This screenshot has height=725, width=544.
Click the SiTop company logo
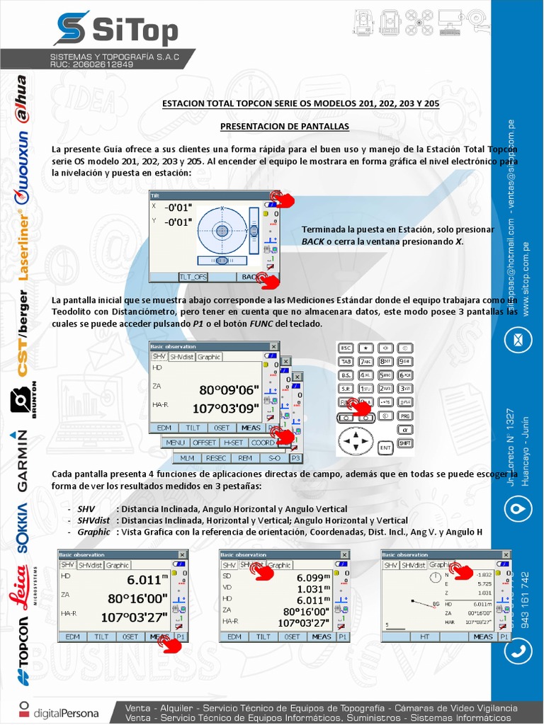click(x=115, y=30)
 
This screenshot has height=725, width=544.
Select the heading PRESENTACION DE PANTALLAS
click(x=284, y=126)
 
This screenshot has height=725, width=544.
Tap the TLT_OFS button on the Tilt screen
click(x=193, y=277)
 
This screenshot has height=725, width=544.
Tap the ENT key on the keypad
click(x=385, y=447)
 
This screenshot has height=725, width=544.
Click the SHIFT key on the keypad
click(x=405, y=443)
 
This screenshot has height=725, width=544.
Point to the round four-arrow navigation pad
click(x=354, y=443)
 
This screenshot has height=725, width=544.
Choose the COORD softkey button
click(x=262, y=443)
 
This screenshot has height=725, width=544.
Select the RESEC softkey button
click(x=216, y=458)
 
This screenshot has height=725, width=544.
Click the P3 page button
click(x=295, y=458)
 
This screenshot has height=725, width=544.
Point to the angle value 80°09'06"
click(x=229, y=390)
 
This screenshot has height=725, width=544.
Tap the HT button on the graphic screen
click(x=425, y=636)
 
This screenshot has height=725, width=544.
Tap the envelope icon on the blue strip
click(x=518, y=340)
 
